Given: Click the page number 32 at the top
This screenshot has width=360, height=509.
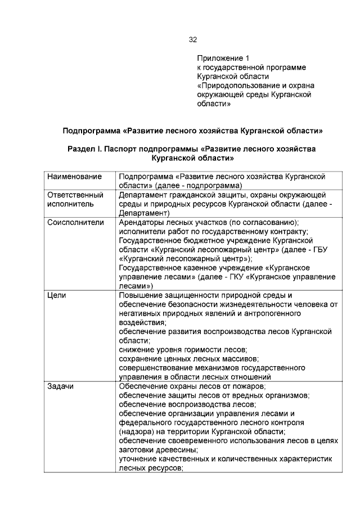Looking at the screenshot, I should coord(192,40).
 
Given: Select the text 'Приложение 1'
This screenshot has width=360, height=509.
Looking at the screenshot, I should coord(223,58).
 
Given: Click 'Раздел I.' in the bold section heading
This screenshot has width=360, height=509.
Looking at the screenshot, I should coord(85,150).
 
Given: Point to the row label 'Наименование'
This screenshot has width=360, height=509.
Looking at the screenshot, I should coord(74,177).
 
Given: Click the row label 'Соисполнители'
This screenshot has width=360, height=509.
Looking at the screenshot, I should coord(75,223).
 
